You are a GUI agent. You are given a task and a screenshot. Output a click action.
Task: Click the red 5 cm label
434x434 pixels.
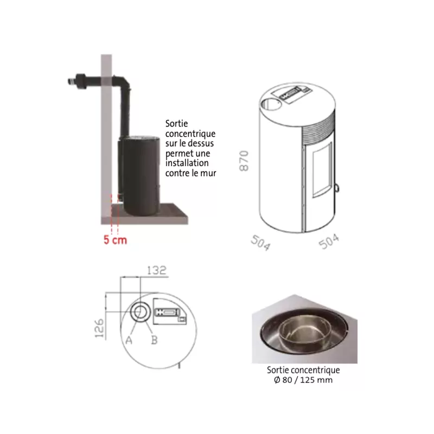[x=115, y=240]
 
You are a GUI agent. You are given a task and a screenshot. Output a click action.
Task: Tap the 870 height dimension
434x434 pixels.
[x=244, y=161]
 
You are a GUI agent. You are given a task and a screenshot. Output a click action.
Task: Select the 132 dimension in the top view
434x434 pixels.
[x=157, y=270]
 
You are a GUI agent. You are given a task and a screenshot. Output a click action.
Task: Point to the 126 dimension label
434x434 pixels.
[x=99, y=328]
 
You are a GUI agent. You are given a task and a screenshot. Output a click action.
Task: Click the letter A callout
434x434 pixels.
[x=129, y=340]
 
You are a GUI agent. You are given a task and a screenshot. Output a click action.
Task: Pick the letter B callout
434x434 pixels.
[x=155, y=340]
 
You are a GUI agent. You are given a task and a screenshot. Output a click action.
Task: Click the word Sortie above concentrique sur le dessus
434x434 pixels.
[x=177, y=124]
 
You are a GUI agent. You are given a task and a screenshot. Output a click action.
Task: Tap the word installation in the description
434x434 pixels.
[x=187, y=163]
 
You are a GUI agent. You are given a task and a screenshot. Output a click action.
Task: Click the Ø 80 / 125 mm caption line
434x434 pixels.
[x=303, y=380]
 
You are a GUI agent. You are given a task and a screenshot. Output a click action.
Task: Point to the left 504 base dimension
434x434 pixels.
[x=261, y=242]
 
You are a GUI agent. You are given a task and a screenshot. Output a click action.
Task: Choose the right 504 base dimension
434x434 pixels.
[x=329, y=241]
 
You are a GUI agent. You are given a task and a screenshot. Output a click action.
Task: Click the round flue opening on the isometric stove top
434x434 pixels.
[x=270, y=104]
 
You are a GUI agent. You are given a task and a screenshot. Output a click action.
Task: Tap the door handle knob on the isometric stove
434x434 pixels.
[x=337, y=188]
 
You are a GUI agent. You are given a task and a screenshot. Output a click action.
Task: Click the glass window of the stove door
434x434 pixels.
[x=322, y=170]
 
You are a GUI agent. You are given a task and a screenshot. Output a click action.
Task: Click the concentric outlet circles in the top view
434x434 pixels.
[x=141, y=312]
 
